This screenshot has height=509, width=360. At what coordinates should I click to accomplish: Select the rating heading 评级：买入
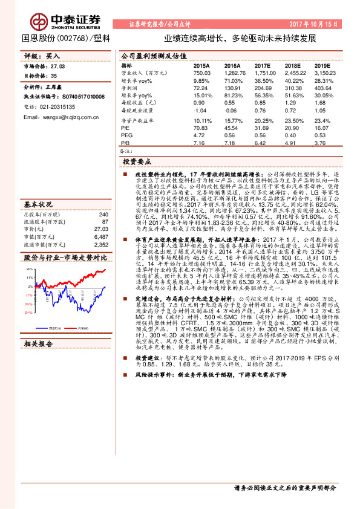point(42,55)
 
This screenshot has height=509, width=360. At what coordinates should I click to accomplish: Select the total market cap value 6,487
point(101,221)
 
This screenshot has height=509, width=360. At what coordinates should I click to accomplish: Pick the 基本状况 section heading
point(38,187)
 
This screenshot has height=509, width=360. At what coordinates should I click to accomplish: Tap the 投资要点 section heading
point(137,162)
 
